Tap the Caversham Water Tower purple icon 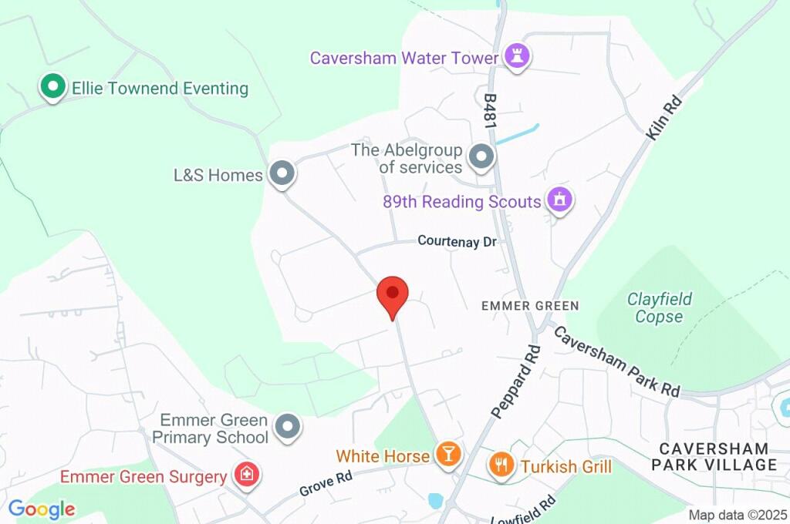click(516, 55)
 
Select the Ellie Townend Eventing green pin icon click(52, 87)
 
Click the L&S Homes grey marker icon click(282, 174)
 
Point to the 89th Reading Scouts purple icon click(559, 200)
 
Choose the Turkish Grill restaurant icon click(501, 465)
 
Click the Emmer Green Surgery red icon click(247, 475)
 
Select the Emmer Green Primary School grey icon click(288, 425)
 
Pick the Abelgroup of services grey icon click(481, 157)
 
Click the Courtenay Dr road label click(457, 241)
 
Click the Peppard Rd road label click(515, 382)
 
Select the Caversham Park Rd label click(617, 361)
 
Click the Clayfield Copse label click(659, 307)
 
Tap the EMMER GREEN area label click(530, 306)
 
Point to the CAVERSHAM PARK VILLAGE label click(714, 456)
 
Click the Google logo click(42, 509)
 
